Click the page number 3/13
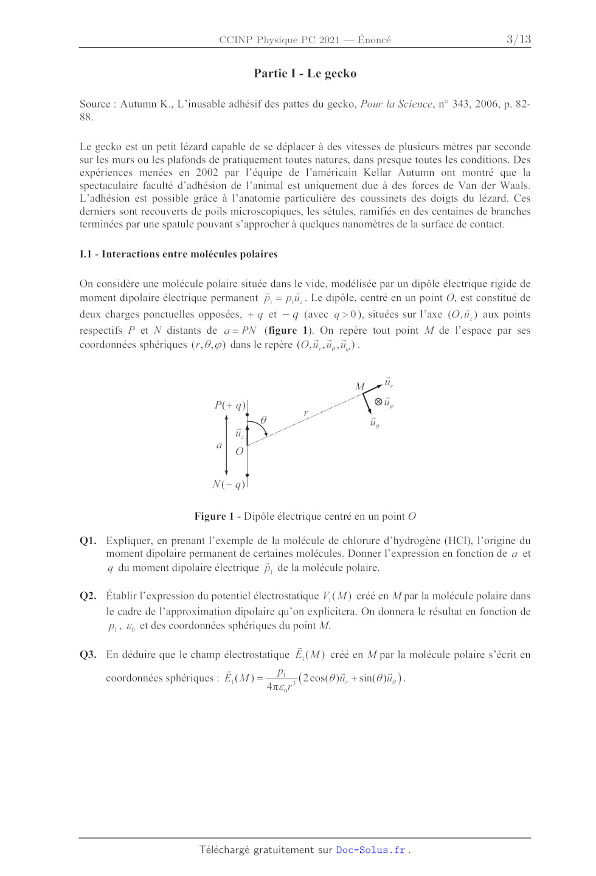(x=518, y=40)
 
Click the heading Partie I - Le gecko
(x=305, y=74)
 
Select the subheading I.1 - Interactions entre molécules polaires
(x=178, y=254)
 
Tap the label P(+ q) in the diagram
(x=229, y=405)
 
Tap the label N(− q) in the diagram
(x=229, y=485)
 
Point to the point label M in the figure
(x=360, y=387)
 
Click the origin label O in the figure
(x=239, y=451)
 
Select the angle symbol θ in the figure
(x=263, y=420)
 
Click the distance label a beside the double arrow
(x=220, y=445)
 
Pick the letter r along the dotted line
(x=306, y=413)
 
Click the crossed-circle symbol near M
(x=378, y=401)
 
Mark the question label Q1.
(x=88, y=540)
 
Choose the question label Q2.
(x=88, y=596)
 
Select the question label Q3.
(x=88, y=655)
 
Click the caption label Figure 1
(x=214, y=516)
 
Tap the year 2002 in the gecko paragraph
(x=207, y=173)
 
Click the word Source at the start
(x=95, y=104)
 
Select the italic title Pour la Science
(x=396, y=104)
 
